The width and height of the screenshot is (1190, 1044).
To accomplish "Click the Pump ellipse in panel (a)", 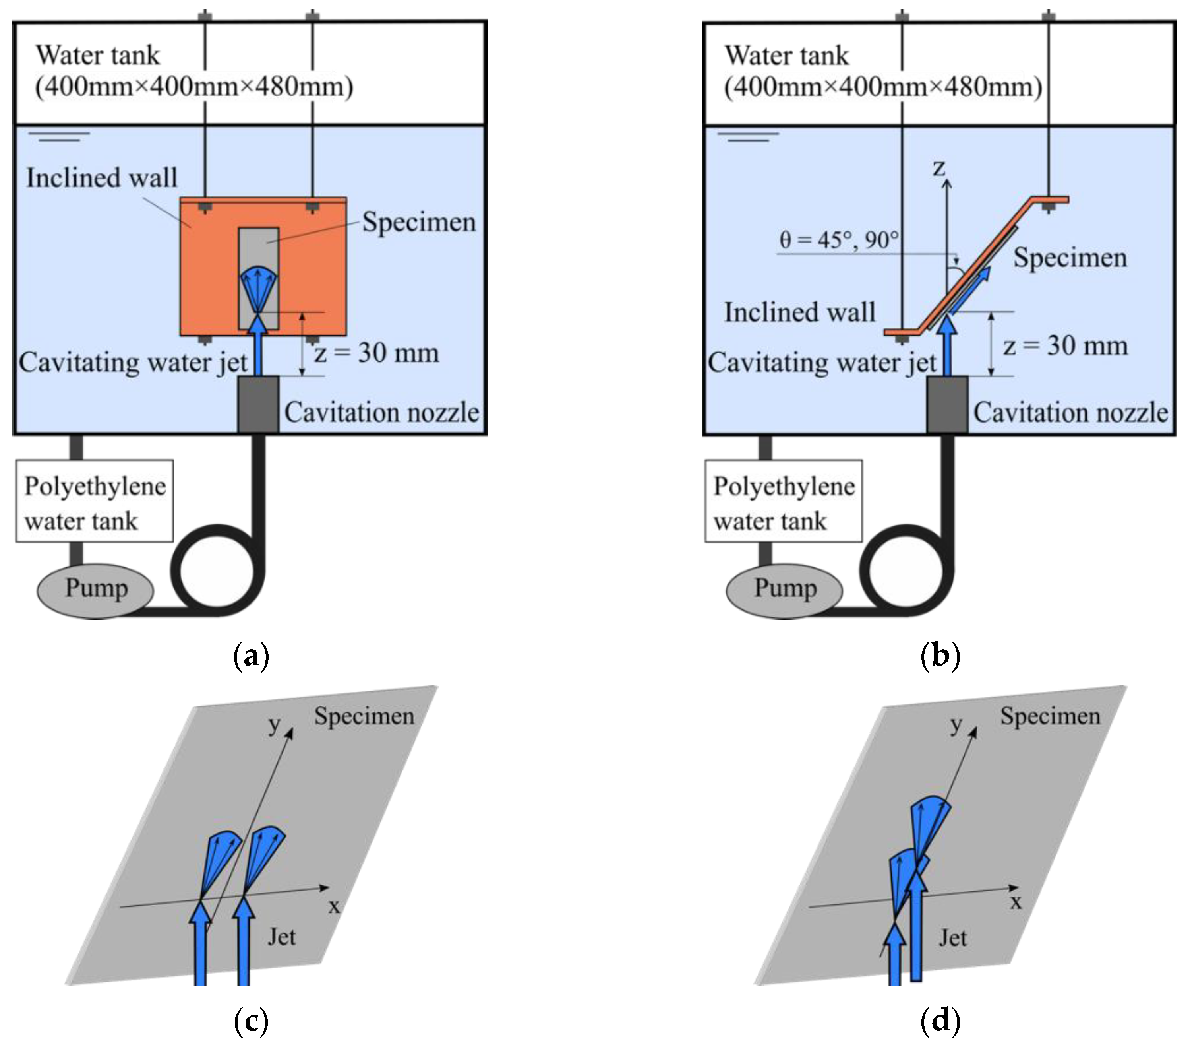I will pos(95,590).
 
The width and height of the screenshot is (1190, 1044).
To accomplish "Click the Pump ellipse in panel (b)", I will pos(784,590).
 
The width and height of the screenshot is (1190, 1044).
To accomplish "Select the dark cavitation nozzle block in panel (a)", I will pos(258,404).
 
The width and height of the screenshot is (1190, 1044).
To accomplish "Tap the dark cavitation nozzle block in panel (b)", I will pos(947,404).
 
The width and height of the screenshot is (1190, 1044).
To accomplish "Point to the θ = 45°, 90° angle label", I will pos(838,239).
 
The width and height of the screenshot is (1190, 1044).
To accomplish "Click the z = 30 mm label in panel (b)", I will pos(1065,346).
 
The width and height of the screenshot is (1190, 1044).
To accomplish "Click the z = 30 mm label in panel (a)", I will pos(376,353).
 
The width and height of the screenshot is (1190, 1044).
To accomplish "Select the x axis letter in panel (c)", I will pos(334,906).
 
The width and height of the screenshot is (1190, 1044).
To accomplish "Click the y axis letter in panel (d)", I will pos(956,724).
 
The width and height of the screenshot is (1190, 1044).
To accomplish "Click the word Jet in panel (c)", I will pos(282,937).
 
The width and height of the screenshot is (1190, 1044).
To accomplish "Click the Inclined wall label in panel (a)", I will pos(102,178).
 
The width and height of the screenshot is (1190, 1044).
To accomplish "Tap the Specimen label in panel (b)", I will pos(1070,258).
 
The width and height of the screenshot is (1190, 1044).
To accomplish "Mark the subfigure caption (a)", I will pos(251,656).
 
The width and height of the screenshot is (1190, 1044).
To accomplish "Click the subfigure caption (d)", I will pos(940,1019).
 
